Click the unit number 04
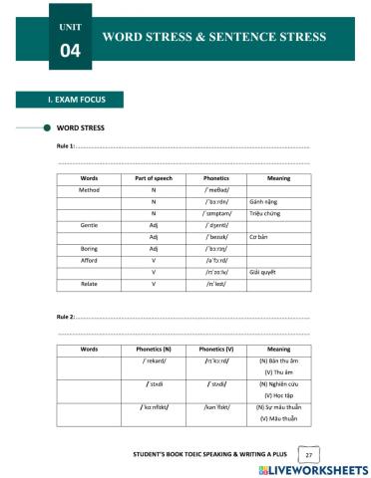(x=68, y=50)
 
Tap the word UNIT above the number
(x=68, y=24)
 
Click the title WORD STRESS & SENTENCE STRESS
(x=213, y=37)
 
